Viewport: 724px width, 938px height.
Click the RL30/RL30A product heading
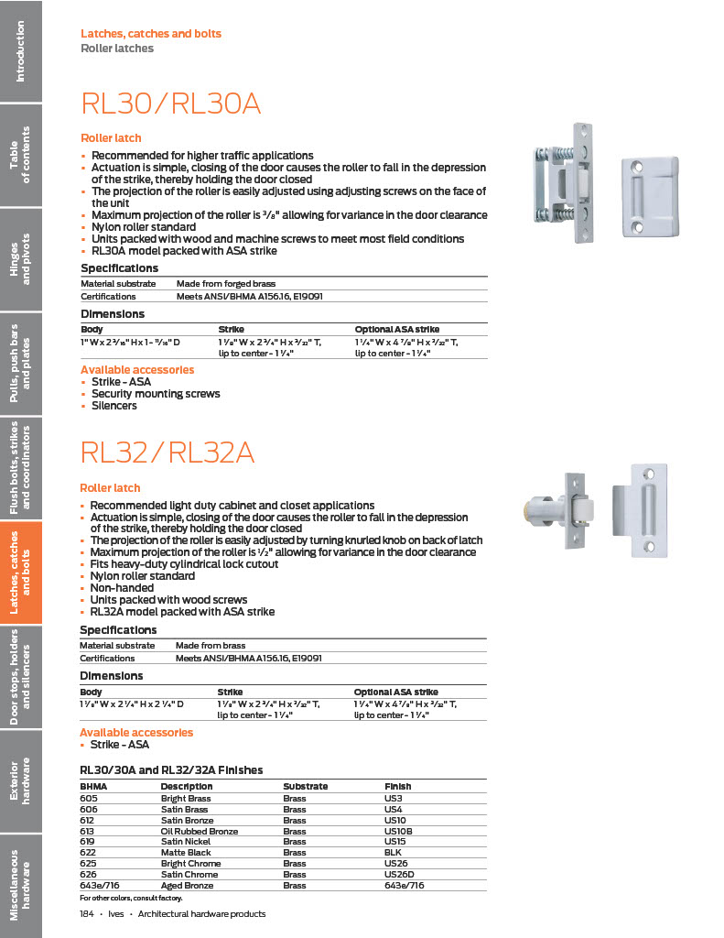click(171, 104)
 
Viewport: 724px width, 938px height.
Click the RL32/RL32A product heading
click(167, 453)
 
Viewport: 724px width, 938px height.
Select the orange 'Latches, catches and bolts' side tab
click(20, 573)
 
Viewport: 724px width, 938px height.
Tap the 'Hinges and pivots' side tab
click(20, 258)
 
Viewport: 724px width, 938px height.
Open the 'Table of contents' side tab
click(20, 153)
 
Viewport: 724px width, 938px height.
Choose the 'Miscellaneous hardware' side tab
click(20, 878)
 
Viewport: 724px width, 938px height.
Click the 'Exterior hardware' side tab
click(20, 780)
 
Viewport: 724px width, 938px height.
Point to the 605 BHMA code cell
click(89, 798)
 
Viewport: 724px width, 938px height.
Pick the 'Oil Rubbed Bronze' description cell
click(200, 831)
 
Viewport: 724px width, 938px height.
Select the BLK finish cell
click(393, 853)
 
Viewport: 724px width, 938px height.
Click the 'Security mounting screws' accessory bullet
click(156, 394)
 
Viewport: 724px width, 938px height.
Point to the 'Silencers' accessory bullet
click(114, 406)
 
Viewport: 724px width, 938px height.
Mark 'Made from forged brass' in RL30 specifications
click(226, 284)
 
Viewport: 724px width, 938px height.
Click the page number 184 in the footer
click(88, 914)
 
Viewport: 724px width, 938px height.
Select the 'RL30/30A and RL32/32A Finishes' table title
click(171, 769)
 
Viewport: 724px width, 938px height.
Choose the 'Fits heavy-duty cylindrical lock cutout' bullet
click(184, 564)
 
